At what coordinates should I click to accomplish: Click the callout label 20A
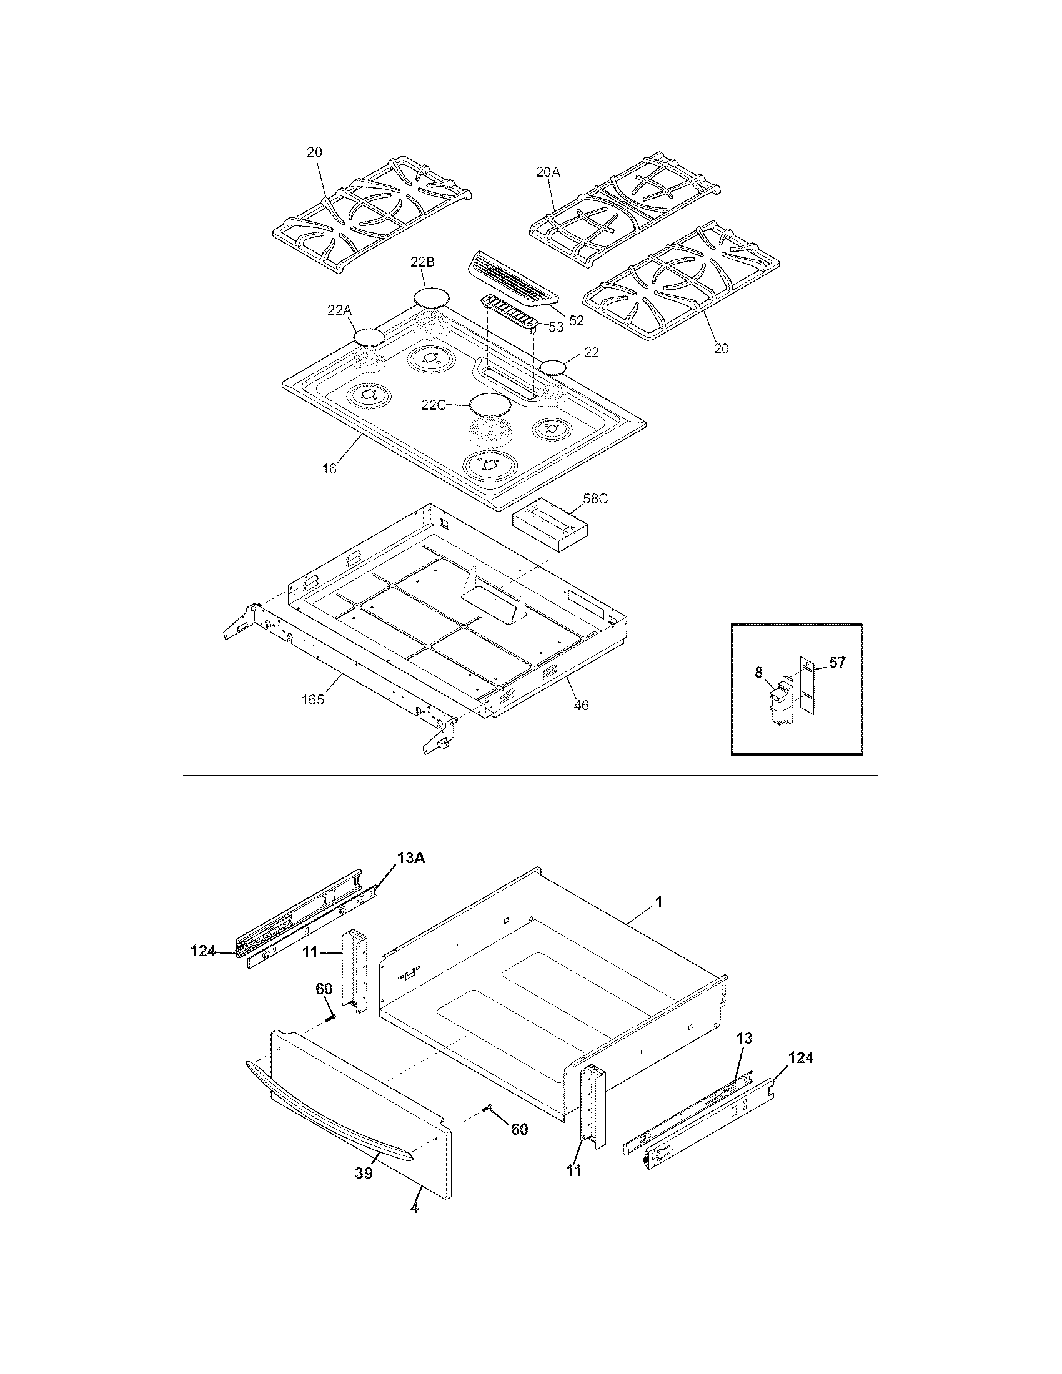(x=547, y=171)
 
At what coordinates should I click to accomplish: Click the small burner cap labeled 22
(x=553, y=368)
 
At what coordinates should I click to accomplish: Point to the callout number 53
(x=555, y=327)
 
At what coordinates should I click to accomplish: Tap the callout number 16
(x=329, y=468)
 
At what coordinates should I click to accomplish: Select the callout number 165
(x=312, y=699)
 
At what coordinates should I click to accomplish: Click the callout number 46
(x=582, y=705)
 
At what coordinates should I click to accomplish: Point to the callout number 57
(x=837, y=662)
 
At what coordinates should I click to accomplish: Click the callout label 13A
(x=411, y=858)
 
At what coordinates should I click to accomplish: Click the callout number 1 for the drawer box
(x=658, y=902)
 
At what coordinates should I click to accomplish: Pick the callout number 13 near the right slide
(x=743, y=1038)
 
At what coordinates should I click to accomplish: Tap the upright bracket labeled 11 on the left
(x=354, y=972)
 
